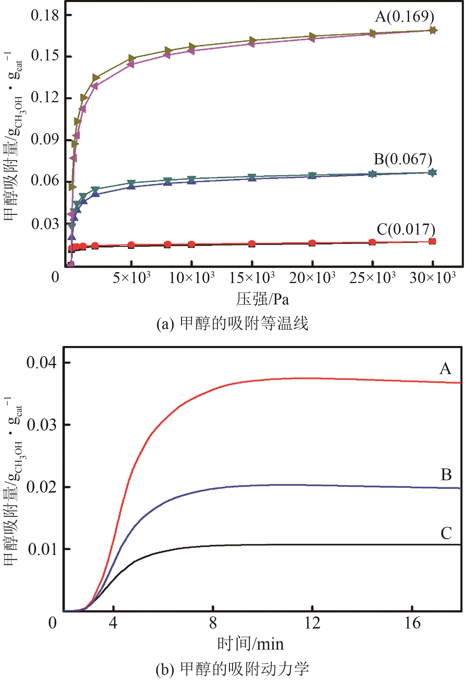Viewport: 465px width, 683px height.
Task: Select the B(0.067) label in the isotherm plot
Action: click(x=403, y=159)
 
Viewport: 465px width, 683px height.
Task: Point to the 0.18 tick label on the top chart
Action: click(x=45, y=15)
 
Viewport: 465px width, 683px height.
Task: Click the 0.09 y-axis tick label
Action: click(x=45, y=139)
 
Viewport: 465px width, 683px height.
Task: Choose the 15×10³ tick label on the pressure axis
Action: click(x=252, y=278)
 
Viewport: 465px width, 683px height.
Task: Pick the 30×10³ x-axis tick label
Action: click(x=432, y=278)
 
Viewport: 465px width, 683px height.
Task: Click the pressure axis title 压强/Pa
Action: click(x=262, y=299)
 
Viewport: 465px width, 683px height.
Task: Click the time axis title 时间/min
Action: click(x=250, y=644)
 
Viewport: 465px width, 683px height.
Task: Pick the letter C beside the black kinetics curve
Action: click(x=446, y=533)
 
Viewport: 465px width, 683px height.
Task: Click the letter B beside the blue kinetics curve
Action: click(x=446, y=475)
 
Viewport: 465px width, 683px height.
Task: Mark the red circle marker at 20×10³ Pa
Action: click(x=312, y=243)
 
